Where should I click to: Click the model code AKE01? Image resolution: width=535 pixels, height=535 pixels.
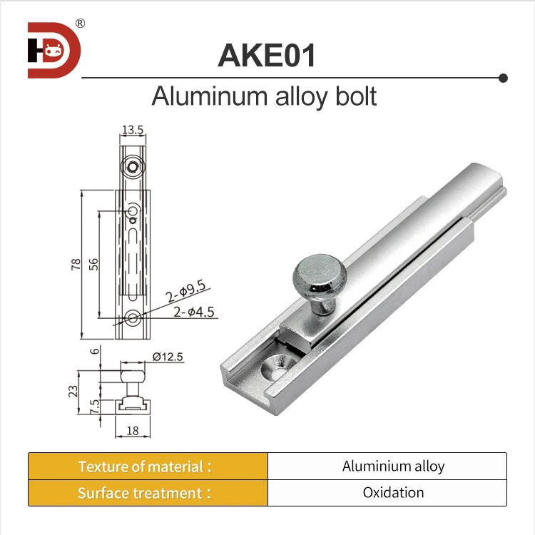click(x=266, y=56)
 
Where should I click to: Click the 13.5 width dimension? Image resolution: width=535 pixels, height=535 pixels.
click(x=133, y=130)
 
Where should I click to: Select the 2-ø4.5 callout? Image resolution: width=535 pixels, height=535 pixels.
click(x=193, y=311)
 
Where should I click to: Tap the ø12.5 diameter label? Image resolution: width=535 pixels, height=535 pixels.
click(x=168, y=357)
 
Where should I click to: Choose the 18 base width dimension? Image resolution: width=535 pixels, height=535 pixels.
click(x=132, y=430)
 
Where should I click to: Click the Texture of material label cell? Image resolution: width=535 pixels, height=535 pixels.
click(x=148, y=467)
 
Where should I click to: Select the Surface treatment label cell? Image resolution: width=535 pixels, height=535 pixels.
click(x=148, y=493)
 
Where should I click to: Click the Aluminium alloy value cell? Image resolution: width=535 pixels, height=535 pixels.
click(x=393, y=467)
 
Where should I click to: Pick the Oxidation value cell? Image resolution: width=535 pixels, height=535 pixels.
click(x=393, y=493)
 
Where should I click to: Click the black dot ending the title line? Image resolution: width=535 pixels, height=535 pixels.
click(x=503, y=76)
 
